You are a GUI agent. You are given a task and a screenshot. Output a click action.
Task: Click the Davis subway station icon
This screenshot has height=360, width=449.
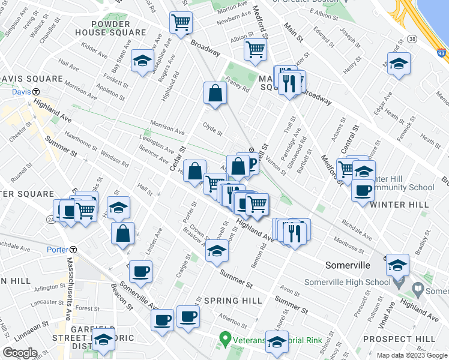(36, 92)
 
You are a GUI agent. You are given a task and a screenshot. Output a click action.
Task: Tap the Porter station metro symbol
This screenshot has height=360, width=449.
(73, 250)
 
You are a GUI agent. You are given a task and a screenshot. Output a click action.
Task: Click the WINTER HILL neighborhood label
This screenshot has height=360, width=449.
(399, 205)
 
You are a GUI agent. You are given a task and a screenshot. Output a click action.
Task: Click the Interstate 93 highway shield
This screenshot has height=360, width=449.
(441, 53)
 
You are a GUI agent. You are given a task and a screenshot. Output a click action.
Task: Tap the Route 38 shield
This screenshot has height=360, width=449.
(411, 38)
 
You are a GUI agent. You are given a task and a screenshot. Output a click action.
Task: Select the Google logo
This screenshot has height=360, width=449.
(20, 352)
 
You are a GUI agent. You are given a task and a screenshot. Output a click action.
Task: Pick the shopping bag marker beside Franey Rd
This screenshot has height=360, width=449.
(215, 93)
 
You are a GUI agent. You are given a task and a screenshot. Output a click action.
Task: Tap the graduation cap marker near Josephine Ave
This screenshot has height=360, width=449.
(142, 61)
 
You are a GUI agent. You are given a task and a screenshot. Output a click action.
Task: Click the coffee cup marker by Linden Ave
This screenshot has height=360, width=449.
(140, 271)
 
